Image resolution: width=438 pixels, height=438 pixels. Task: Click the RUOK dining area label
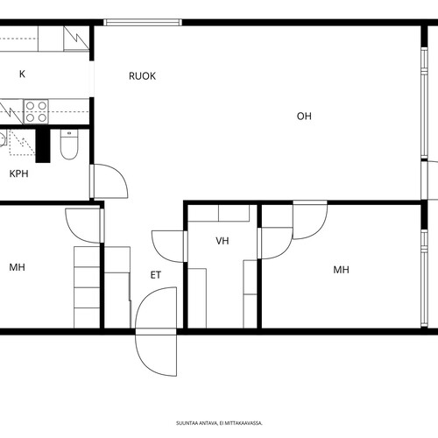click(x=142, y=76)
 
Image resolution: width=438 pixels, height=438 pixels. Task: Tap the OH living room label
click(x=304, y=117)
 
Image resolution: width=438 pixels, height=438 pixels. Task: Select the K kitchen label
click(x=22, y=74)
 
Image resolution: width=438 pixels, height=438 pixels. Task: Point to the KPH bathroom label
click(x=19, y=173)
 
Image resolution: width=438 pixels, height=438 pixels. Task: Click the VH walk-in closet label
click(x=223, y=241)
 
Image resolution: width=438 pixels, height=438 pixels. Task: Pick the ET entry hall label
click(x=156, y=275)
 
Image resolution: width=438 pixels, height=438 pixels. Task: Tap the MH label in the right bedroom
click(x=341, y=270)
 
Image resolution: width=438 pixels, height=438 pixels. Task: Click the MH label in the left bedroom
click(x=17, y=267)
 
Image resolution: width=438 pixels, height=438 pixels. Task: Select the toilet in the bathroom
click(x=69, y=145)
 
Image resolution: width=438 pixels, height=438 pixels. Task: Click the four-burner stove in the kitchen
click(x=36, y=111)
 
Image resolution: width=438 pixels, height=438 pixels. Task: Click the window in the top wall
click(x=143, y=23)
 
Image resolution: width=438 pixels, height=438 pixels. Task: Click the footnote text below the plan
click(x=219, y=423)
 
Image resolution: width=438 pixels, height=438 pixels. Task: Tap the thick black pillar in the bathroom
click(x=43, y=145)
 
